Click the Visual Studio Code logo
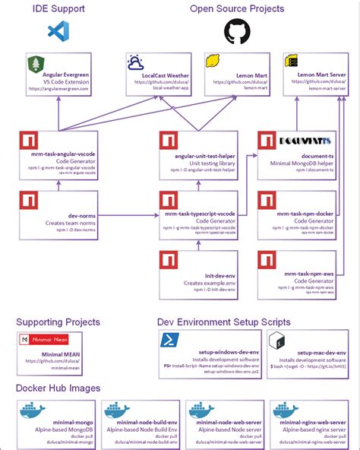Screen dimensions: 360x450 58,31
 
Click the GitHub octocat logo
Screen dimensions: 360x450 236,32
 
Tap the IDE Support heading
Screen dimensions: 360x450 58,8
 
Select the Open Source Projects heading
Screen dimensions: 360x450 236,8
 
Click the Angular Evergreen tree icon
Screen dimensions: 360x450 36,64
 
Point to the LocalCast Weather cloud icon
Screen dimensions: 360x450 137,63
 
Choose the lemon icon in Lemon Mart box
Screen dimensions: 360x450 213,62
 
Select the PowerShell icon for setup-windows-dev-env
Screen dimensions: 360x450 169,338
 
